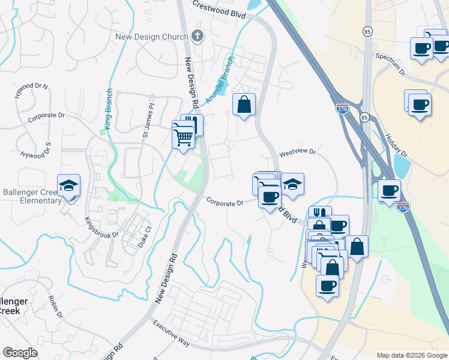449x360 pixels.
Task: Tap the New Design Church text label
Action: click(152, 37)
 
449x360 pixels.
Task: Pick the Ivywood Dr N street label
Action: click(31, 90)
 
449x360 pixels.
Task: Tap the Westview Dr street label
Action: click(297, 152)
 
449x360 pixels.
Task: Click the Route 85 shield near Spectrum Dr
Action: click(366, 31)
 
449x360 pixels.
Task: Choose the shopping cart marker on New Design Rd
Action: click(184, 137)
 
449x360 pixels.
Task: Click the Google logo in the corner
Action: click(20, 353)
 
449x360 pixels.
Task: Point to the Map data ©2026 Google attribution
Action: click(412, 355)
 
